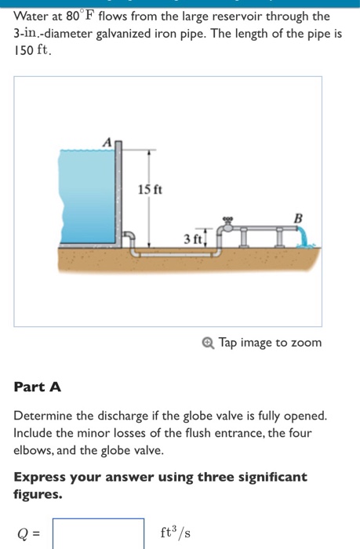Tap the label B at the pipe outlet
coord(297,217)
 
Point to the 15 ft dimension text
coord(150,190)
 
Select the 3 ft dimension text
coord(193,238)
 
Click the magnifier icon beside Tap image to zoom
coord(208,343)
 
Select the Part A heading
coord(37,387)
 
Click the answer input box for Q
coord(99,533)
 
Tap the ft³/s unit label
coord(175,533)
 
